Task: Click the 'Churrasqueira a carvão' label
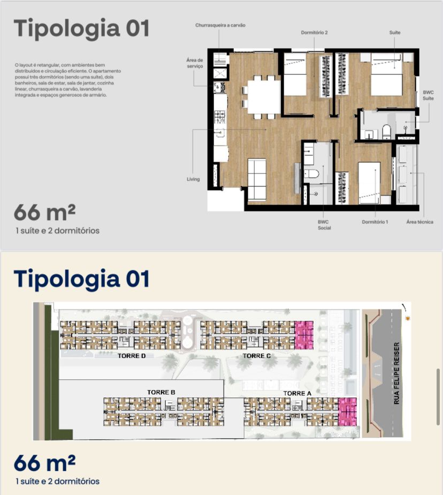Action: pyautogui.click(x=220, y=25)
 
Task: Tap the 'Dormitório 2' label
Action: pyautogui.click(x=314, y=33)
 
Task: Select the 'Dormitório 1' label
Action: pyautogui.click(x=375, y=222)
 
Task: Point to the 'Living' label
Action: pyautogui.click(x=193, y=179)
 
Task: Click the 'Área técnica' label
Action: pyautogui.click(x=419, y=222)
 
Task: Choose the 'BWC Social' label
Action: pyautogui.click(x=324, y=225)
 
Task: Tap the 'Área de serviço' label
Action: pyautogui.click(x=195, y=63)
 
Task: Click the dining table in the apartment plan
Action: pyautogui.click(x=264, y=97)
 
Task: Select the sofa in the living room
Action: pyautogui.click(x=257, y=179)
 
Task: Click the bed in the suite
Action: pyautogui.click(x=387, y=74)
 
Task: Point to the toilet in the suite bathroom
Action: pyautogui.click(x=387, y=131)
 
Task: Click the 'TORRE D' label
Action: pyautogui.click(x=132, y=356)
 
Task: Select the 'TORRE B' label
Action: pyautogui.click(x=161, y=392)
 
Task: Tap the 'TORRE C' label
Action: pyautogui.click(x=257, y=356)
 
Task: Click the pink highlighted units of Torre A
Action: pyautogui.click(x=347, y=411)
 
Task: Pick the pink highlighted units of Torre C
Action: pyautogui.click(x=304, y=335)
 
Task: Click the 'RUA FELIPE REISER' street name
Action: pyautogui.click(x=396, y=373)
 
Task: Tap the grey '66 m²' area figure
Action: pyautogui.click(x=44, y=212)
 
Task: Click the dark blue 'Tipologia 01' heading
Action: pyautogui.click(x=81, y=279)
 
